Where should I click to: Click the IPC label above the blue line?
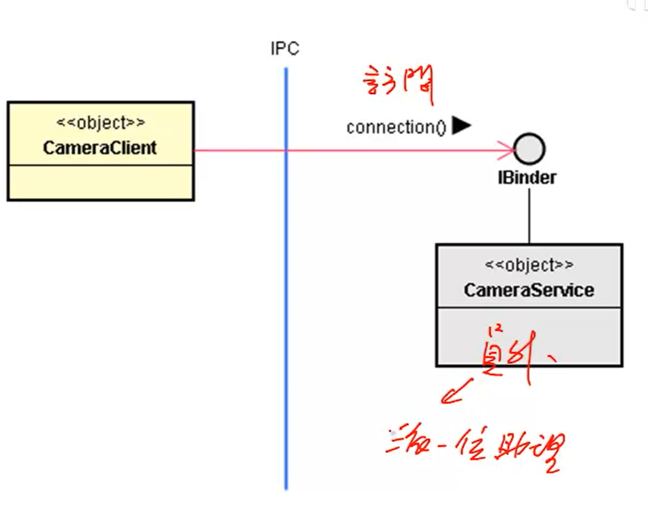point(284,49)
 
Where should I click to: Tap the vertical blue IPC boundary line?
point(286,302)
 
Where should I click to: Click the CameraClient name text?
point(100,148)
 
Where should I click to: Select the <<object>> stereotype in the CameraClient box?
point(100,122)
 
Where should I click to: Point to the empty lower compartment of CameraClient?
point(100,182)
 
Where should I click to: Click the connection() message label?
point(396,127)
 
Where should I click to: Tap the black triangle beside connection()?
point(461,125)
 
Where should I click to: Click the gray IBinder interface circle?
point(529,148)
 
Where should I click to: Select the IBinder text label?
point(527,177)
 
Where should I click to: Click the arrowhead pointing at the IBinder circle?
point(507,150)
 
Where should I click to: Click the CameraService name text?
point(528,290)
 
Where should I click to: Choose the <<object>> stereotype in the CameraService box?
point(529,265)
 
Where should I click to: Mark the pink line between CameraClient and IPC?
point(239,150)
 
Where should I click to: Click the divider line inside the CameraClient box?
point(100,164)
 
